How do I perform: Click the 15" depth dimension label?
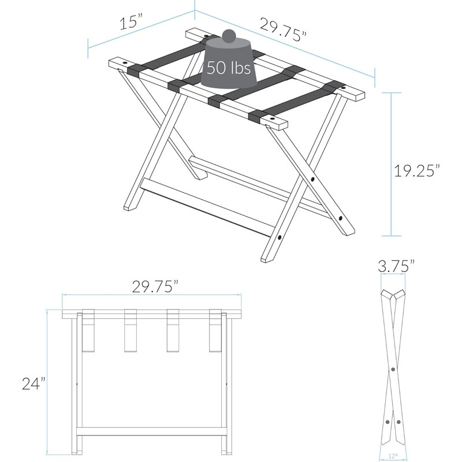(x=131, y=22)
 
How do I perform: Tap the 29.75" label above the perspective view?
(x=283, y=30)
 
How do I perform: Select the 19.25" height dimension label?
(x=417, y=170)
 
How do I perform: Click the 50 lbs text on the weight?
(x=229, y=68)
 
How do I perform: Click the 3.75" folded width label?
(x=396, y=266)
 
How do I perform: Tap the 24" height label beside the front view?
(x=34, y=383)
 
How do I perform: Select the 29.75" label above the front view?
(x=155, y=286)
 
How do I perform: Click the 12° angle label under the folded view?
(x=393, y=456)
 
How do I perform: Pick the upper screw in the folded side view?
(x=393, y=369)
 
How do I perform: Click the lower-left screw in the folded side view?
(x=388, y=422)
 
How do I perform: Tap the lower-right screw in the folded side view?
(x=398, y=422)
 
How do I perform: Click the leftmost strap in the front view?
(x=88, y=330)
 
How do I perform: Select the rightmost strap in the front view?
(x=215, y=330)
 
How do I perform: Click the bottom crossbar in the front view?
(x=152, y=431)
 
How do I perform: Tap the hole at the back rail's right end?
(x=343, y=88)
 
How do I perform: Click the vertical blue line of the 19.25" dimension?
(x=392, y=164)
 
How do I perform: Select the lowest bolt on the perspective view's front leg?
(x=280, y=237)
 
